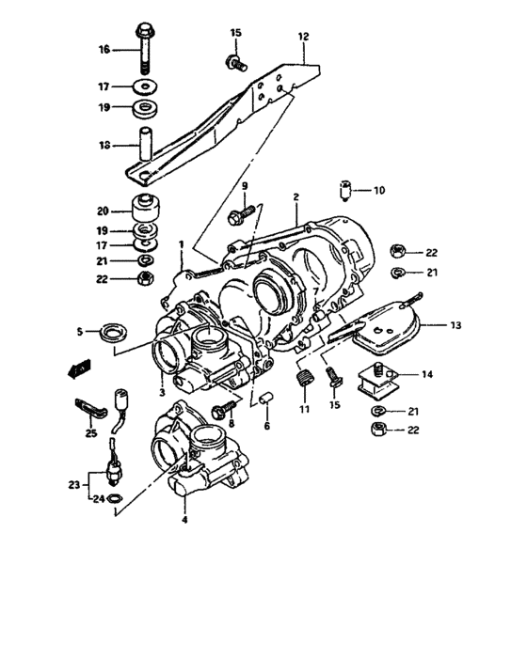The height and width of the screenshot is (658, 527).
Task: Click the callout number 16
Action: [104, 48]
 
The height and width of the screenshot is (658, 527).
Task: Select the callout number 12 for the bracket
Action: [303, 37]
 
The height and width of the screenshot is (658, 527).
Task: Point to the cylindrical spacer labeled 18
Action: [146, 145]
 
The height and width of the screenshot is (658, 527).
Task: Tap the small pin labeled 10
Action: [345, 192]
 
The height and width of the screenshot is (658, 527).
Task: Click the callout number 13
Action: [455, 325]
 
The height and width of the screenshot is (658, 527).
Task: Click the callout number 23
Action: [74, 484]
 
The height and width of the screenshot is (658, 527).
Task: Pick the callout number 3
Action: [161, 392]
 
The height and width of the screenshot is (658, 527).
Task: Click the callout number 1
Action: [180, 244]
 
